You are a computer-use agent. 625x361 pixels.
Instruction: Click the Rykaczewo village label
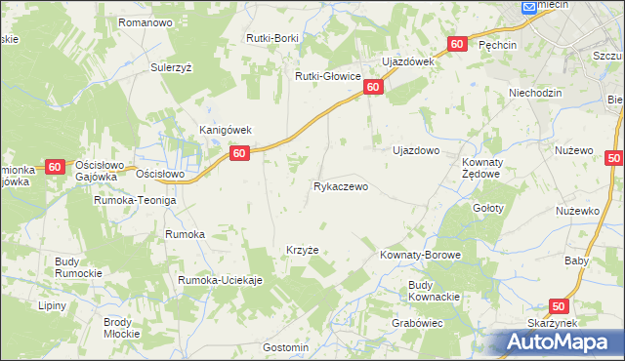341,186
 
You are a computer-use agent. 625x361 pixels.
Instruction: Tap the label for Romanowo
145,21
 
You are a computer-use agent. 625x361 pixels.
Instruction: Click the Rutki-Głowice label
329,76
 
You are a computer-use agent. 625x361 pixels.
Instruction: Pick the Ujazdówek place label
407,61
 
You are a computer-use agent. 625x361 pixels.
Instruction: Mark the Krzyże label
303,250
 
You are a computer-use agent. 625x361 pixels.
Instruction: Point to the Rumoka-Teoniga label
135,200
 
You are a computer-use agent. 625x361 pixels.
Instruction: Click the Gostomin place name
286,347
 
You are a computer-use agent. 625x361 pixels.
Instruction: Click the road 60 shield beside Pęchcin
458,45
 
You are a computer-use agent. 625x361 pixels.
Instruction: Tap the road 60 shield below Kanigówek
240,153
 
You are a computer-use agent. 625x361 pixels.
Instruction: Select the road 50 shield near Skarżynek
559,306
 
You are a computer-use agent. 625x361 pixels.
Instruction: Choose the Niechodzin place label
535,94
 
